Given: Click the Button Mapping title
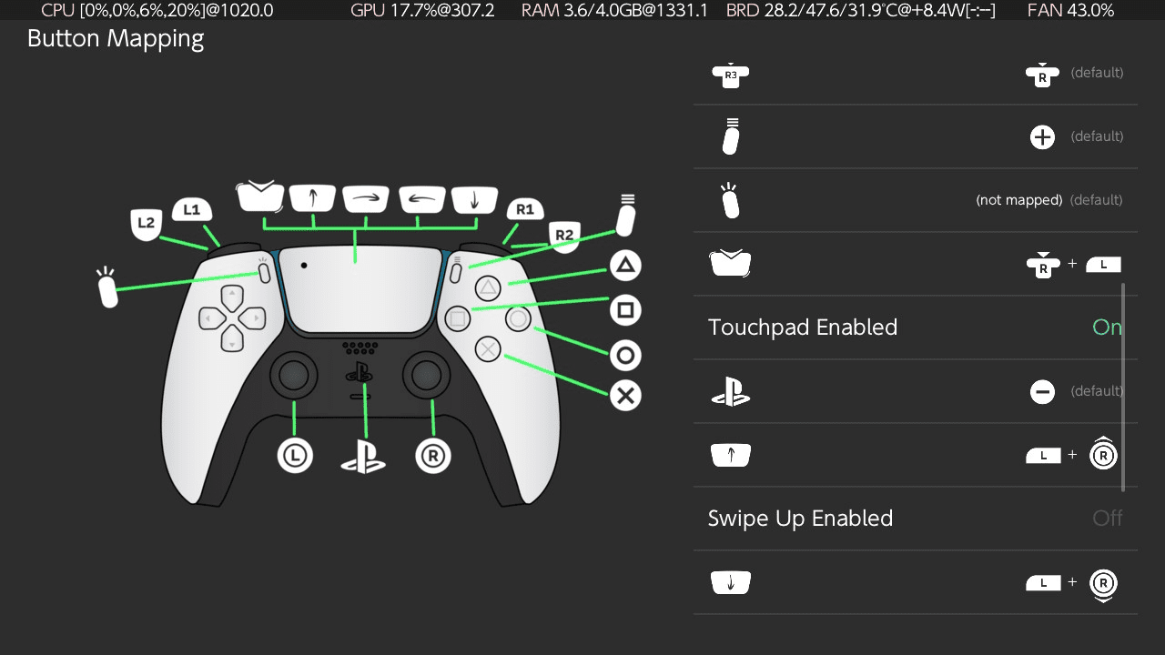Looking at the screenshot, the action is (x=116, y=39).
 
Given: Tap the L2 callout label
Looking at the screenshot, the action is (x=146, y=224).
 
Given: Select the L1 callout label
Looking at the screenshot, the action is (x=191, y=209).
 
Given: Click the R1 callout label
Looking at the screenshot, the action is (x=525, y=209).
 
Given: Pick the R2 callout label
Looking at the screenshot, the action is (x=564, y=237).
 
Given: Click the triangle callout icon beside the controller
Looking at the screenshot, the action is (x=625, y=266).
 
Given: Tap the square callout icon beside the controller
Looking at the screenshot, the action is (x=625, y=310).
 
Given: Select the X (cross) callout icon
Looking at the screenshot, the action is (x=625, y=396).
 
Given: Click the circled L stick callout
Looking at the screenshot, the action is (x=295, y=456).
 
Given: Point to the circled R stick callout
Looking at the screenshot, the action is (x=432, y=456).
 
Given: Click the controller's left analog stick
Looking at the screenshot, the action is (x=294, y=375).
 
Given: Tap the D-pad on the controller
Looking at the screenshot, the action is (x=232, y=318).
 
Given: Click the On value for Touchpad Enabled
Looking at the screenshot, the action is (x=1108, y=327).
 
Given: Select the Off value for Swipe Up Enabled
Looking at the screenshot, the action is (x=1108, y=519).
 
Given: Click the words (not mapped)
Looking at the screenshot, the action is (x=1018, y=200).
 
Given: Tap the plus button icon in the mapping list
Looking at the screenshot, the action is (x=1042, y=137).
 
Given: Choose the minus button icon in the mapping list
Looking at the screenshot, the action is (x=1042, y=392).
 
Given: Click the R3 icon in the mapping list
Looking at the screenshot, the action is (x=731, y=76).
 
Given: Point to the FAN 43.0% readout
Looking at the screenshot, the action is (x=1070, y=10).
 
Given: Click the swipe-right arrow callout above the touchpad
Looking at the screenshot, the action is (x=366, y=198).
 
